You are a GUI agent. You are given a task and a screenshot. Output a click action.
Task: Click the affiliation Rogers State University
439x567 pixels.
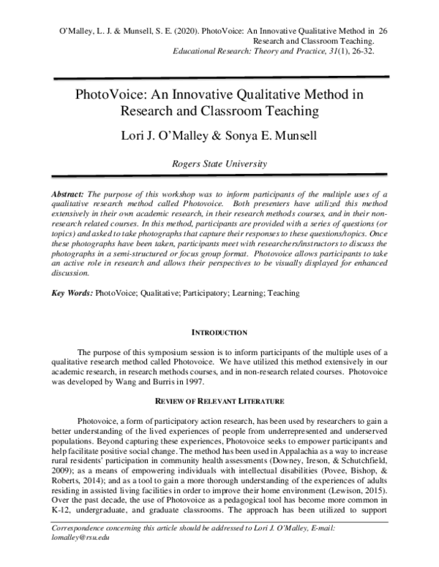tap(219, 165)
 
